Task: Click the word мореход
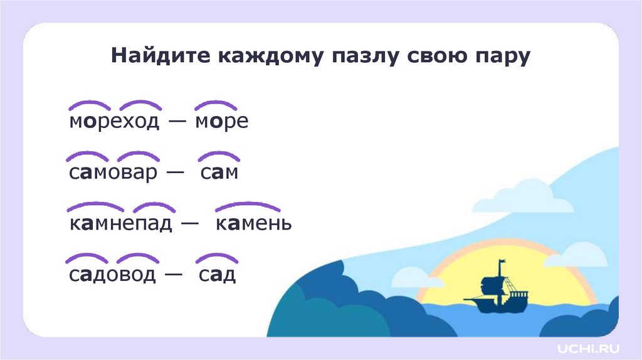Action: [x=115, y=122]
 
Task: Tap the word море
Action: [x=221, y=122]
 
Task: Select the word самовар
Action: [x=113, y=172]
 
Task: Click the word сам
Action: [x=219, y=172]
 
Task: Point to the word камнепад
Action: [x=120, y=223]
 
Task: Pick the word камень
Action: [x=253, y=223]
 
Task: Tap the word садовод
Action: [x=112, y=274]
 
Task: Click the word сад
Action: [x=217, y=274]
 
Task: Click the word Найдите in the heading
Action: [x=159, y=56]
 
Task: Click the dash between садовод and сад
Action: [x=175, y=275]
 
